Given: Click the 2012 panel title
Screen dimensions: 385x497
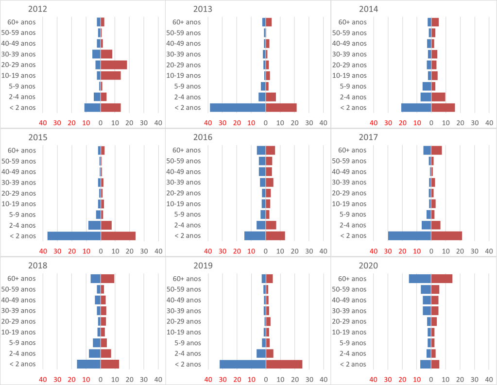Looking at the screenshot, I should click(x=38, y=9).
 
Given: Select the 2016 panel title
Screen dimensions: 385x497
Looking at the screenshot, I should click(x=203, y=137).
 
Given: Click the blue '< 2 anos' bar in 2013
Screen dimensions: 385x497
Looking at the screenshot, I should click(x=238, y=108).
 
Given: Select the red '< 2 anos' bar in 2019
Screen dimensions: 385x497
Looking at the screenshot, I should click(x=284, y=364).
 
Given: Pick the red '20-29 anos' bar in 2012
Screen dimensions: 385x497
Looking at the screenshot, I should click(x=114, y=65).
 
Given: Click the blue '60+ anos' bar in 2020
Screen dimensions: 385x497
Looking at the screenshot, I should click(x=420, y=279).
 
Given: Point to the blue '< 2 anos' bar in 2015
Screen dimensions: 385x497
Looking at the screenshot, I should click(x=74, y=236).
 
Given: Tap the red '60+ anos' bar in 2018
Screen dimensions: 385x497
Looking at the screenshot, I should click(x=107, y=279).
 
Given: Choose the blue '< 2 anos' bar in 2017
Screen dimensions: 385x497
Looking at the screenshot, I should click(x=410, y=236).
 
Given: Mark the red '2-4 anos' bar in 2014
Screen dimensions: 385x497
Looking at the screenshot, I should click(x=438, y=97).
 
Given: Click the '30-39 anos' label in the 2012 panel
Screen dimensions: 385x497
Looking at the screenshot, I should click(x=21, y=54).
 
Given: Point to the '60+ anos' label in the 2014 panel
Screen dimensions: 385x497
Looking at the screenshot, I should click(x=352, y=22).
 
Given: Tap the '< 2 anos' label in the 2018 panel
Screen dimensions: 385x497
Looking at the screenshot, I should click(x=23, y=364).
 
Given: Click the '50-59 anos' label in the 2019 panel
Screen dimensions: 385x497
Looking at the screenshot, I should click(x=184, y=289).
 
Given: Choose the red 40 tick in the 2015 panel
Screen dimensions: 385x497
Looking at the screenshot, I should click(x=43, y=251).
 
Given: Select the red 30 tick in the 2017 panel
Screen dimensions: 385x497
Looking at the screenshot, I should click(x=388, y=251).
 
